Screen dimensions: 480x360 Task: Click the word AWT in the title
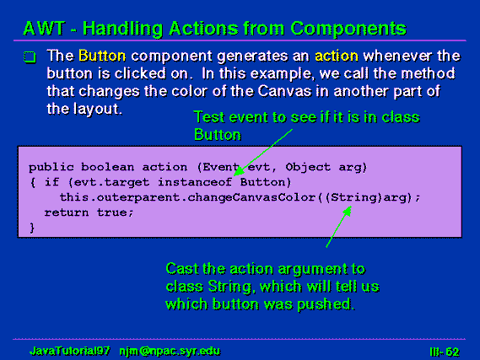(x=44, y=29)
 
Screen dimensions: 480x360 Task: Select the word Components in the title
(x=348, y=30)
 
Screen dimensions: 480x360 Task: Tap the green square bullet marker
(x=30, y=56)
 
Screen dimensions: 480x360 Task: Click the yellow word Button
(x=102, y=56)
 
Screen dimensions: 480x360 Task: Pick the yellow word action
(x=337, y=56)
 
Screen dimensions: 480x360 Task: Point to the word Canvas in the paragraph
(x=284, y=91)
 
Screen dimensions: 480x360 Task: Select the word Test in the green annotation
(x=209, y=117)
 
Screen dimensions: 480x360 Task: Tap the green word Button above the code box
(x=218, y=135)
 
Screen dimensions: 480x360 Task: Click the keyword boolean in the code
(x=107, y=167)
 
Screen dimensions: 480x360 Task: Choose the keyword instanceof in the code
(x=195, y=182)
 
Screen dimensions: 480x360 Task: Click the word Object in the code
(x=308, y=167)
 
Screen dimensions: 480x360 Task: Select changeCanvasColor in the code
(x=251, y=197)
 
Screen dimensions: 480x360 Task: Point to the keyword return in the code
(x=67, y=212)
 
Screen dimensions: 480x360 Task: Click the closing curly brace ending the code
(x=32, y=228)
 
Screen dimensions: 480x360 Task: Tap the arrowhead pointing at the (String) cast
(x=348, y=212)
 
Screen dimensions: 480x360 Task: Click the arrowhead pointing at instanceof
(x=239, y=171)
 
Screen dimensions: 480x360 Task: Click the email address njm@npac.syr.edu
(x=170, y=351)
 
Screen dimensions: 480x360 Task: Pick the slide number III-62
(x=445, y=352)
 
